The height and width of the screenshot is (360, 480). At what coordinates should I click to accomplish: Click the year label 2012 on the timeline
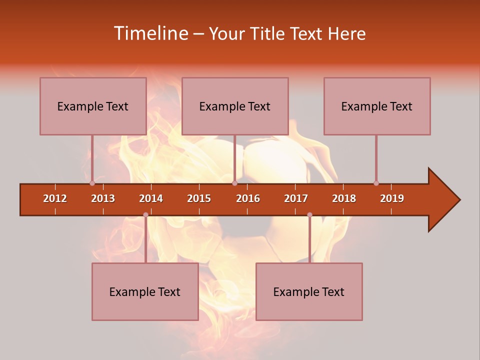[x=55, y=198]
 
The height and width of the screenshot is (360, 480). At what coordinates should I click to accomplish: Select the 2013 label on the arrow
[x=103, y=198]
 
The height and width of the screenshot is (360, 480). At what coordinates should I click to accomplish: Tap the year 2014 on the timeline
[x=151, y=198]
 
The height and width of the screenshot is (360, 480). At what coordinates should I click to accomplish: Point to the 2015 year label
[x=199, y=198]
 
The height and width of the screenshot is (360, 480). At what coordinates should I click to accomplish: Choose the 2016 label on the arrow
[x=248, y=198]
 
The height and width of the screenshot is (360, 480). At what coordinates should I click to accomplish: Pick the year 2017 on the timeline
[x=296, y=198]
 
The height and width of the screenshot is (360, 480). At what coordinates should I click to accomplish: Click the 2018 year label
[x=344, y=198]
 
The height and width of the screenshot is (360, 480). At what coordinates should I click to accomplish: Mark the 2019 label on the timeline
[x=392, y=198]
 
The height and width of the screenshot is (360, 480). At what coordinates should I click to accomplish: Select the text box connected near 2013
[x=93, y=106]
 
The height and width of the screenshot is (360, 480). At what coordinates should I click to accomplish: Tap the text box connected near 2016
[x=235, y=106]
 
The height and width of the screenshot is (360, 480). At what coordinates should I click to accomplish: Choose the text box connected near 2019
[x=377, y=106]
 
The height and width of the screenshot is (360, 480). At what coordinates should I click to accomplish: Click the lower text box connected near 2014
[x=145, y=291]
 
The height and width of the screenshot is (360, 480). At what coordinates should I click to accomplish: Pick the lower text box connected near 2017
[x=309, y=291]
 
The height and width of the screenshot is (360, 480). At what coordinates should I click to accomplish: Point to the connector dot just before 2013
[x=92, y=183]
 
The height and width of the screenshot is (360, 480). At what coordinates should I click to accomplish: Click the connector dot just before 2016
[x=234, y=183]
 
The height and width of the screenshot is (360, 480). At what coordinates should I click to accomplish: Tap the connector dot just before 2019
[x=376, y=183]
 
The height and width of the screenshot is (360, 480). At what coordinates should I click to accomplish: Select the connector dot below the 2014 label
[x=145, y=214]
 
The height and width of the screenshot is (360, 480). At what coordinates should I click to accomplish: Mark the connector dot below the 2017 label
[x=309, y=214]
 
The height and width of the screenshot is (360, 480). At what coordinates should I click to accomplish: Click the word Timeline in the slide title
[x=150, y=33]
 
